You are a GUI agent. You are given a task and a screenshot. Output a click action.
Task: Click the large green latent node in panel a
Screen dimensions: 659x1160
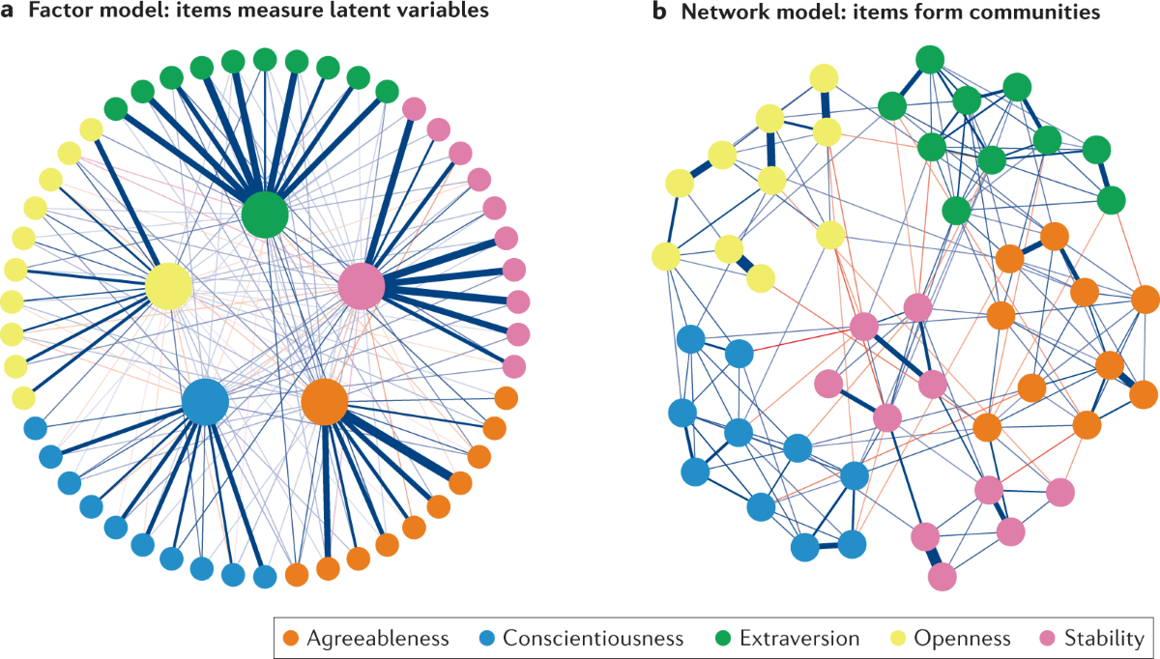coord(265,214)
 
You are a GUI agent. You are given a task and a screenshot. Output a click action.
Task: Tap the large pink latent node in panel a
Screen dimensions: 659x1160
coord(361,287)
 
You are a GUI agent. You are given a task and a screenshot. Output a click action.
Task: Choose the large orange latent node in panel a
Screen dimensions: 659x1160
coord(325,402)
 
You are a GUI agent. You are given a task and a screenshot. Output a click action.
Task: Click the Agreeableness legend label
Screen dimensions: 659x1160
coord(378,638)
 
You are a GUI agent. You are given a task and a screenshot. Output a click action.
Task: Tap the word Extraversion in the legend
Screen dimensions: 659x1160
coord(798,638)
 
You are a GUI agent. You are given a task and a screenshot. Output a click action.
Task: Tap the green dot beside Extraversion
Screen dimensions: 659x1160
coord(725,638)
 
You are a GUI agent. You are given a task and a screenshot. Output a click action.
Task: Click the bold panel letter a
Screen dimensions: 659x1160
coord(9,13)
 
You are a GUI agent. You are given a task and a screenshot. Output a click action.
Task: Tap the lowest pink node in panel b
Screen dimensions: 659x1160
coord(942,577)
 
